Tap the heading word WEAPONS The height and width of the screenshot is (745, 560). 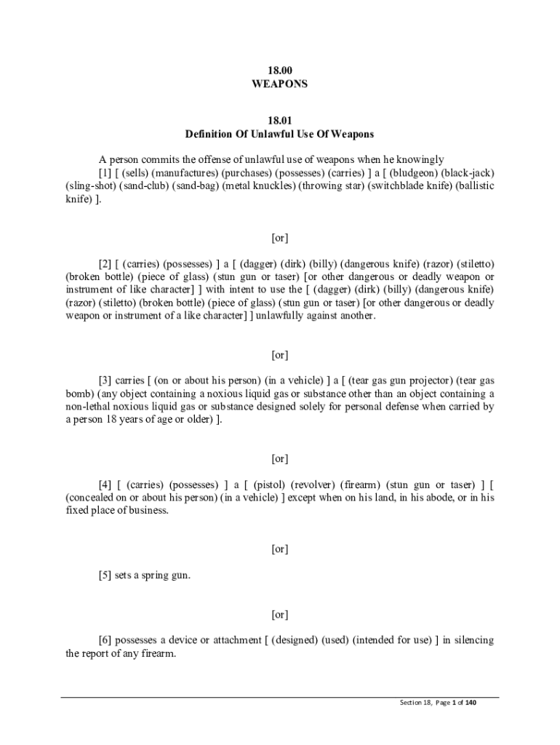279,84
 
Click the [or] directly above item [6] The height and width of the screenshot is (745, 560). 279,615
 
